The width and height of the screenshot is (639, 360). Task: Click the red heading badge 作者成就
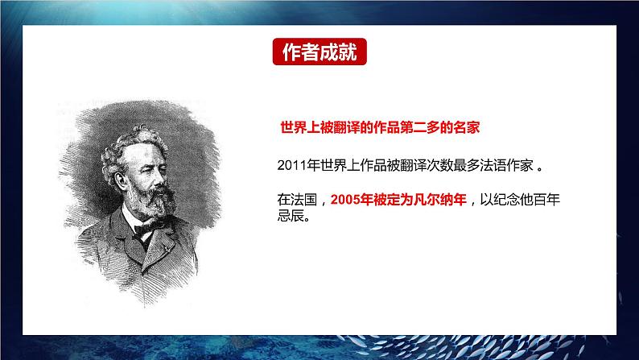[319, 52]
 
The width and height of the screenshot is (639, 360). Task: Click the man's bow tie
[145, 230]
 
